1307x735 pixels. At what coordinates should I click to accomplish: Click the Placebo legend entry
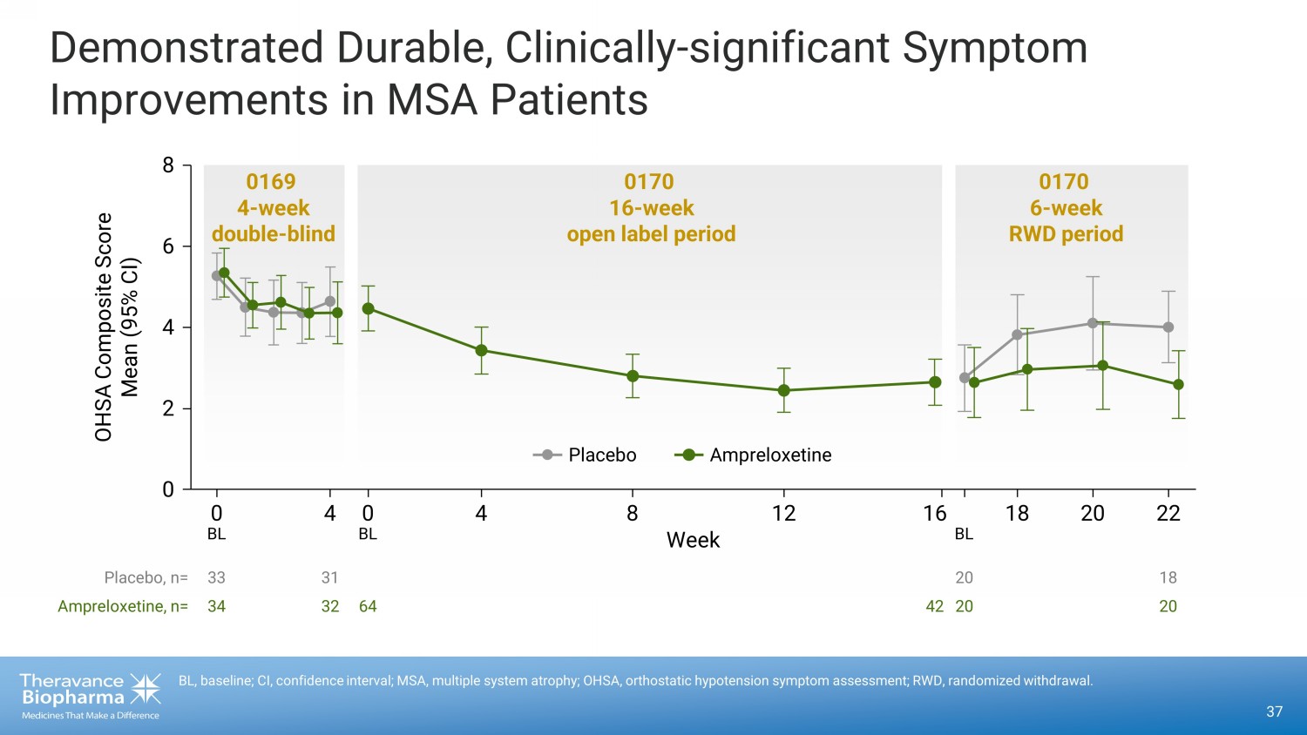pos(586,455)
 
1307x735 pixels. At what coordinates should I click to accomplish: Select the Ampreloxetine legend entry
pos(753,455)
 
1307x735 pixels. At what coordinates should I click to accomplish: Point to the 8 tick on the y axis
pos(168,165)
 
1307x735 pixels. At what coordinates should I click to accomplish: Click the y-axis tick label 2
pos(168,408)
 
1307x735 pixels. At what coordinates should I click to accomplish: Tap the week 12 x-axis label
pos(783,514)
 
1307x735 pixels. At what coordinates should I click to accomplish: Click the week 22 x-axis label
pos(1168,514)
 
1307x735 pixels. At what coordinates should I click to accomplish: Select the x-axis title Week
pos(693,540)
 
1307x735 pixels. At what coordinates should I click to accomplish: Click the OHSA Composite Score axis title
pos(104,327)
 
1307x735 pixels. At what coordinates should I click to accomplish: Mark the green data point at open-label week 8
pos(633,376)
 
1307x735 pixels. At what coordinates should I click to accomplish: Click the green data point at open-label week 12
pos(783,390)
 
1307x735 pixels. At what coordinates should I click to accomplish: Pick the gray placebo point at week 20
pos(1093,323)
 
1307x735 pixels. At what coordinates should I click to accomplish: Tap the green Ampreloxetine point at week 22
pos(1178,384)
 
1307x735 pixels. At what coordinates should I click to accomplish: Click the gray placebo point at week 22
pos(1168,327)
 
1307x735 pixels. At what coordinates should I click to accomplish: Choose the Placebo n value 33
pos(216,577)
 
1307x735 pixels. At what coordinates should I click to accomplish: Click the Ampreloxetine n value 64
pos(368,606)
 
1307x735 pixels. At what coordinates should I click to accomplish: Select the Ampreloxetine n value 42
pos(934,606)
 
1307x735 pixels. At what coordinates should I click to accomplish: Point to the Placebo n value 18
pos(1168,577)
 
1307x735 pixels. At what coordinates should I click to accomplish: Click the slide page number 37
pos(1274,711)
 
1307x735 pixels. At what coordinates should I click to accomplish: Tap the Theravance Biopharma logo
pos(90,695)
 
